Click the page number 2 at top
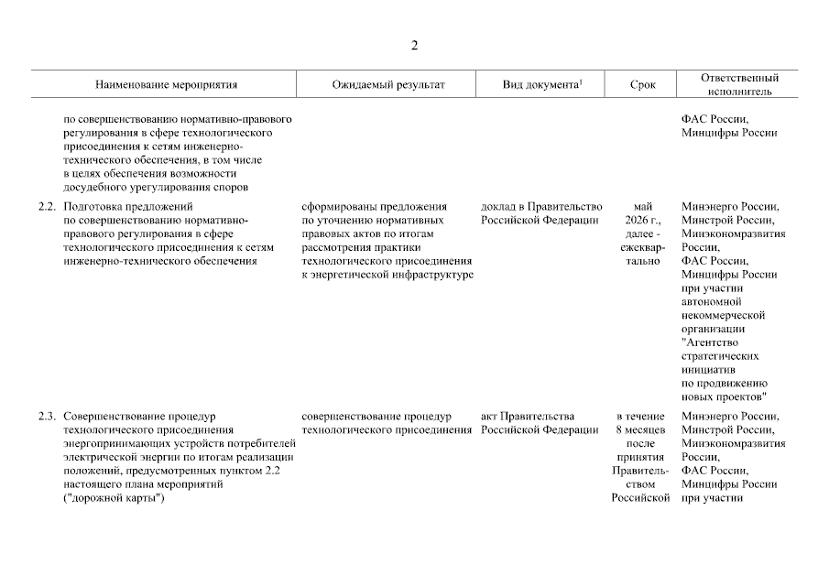pyautogui.click(x=414, y=46)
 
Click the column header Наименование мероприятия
pyautogui.click(x=166, y=84)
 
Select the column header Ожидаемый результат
pyautogui.click(x=388, y=84)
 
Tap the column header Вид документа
pyautogui.click(x=540, y=84)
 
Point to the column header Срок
pyautogui.click(x=643, y=84)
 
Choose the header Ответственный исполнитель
pyautogui.click(x=740, y=84)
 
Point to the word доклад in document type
pyautogui.click(x=499, y=207)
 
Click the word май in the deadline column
pyautogui.click(x=643, y=207)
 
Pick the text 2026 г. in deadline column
pyautogui.click(x=643, y=221)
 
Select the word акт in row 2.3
pyautogui.click(x=490, y=417)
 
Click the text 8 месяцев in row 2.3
pyautogui.click(x=643, y=430)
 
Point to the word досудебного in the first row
pyautogui.click(x=95, y=188)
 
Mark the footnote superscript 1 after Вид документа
pyautogui.click(x=581, y=81)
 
